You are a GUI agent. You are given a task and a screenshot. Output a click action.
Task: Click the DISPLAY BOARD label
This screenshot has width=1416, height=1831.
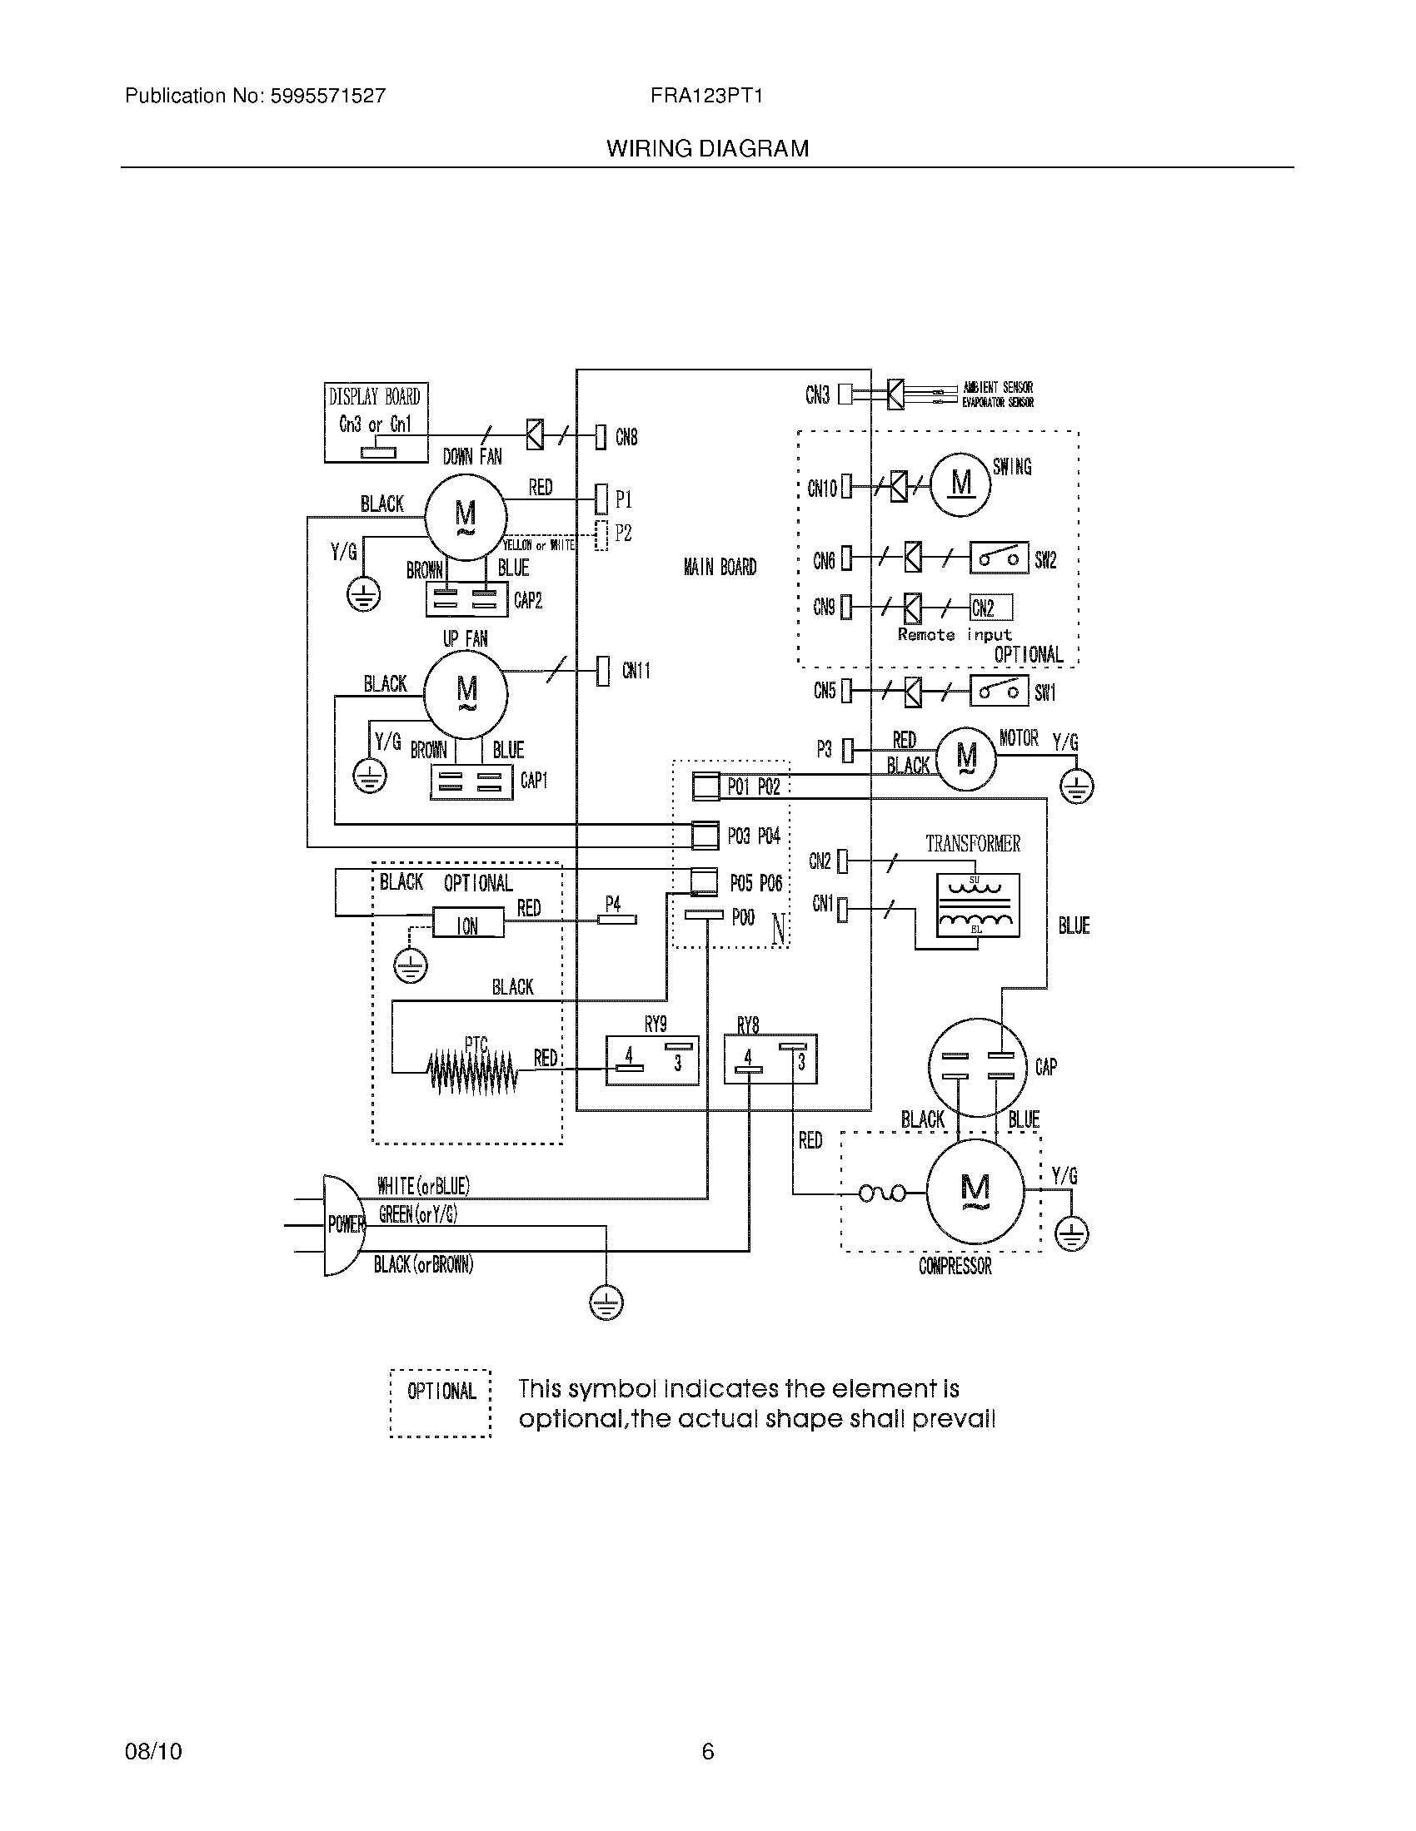coord(374,396)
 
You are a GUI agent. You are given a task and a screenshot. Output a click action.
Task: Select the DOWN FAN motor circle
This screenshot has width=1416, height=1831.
coord(465,517)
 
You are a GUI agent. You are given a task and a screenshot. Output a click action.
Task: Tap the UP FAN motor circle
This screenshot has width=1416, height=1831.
coord(466,693)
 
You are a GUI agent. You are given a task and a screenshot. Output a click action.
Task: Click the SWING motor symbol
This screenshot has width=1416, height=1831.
coord(961,484)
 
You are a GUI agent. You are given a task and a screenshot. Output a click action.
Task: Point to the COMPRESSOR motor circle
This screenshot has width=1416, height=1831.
coord(975,1190)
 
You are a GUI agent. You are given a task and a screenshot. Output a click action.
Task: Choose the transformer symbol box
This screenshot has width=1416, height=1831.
coord(978,905)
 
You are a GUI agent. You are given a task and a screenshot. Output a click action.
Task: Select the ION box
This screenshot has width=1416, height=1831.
coord(468,925)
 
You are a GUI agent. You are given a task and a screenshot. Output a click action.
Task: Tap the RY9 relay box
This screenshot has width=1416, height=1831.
coord(653,1060)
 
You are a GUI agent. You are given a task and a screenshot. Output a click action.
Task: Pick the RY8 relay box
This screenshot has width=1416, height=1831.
coord(770,1059)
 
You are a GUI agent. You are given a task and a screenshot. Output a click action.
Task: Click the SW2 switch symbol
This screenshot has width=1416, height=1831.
coord(999,558)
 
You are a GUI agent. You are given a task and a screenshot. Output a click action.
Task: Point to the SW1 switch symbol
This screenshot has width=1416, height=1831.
coord(999,692)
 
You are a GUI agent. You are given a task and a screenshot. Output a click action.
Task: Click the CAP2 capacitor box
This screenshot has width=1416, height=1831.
coord(466,599)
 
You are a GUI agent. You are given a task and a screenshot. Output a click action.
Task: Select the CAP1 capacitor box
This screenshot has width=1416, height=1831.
coord(471,782)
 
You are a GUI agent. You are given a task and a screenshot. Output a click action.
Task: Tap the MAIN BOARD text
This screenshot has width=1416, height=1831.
coord(720,568)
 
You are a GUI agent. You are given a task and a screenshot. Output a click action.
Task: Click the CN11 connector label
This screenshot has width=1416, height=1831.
coord(636,671)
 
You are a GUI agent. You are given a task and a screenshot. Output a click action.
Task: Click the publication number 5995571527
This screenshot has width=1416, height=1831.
coord(327,96)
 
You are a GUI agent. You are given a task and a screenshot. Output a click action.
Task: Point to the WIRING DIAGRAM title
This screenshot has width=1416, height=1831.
coord(707,148)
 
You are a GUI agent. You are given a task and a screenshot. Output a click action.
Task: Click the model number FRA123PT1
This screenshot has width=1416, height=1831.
coord(706,96)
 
